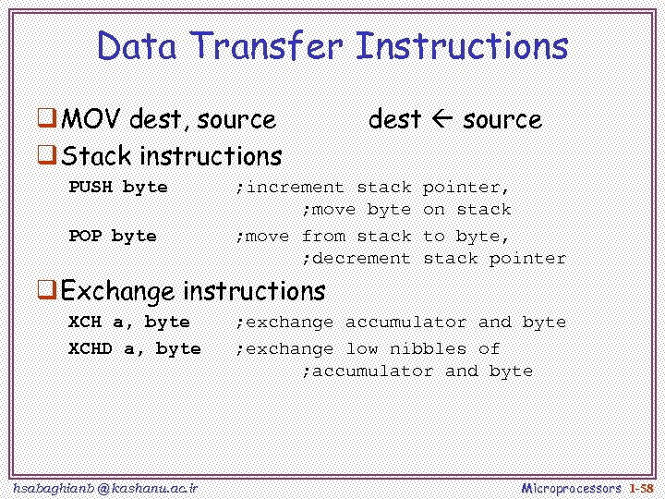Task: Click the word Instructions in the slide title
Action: click(x=461, y=46)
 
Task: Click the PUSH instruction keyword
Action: click(x=91, y=187)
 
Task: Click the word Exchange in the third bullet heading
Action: click(x=117, y=291)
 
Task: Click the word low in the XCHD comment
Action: click(x=362, y=348)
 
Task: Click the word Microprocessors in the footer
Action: click(x=571, y=487)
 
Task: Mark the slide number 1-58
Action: click(x=640, y=487)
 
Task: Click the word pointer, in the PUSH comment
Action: click(x=466, y=187)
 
